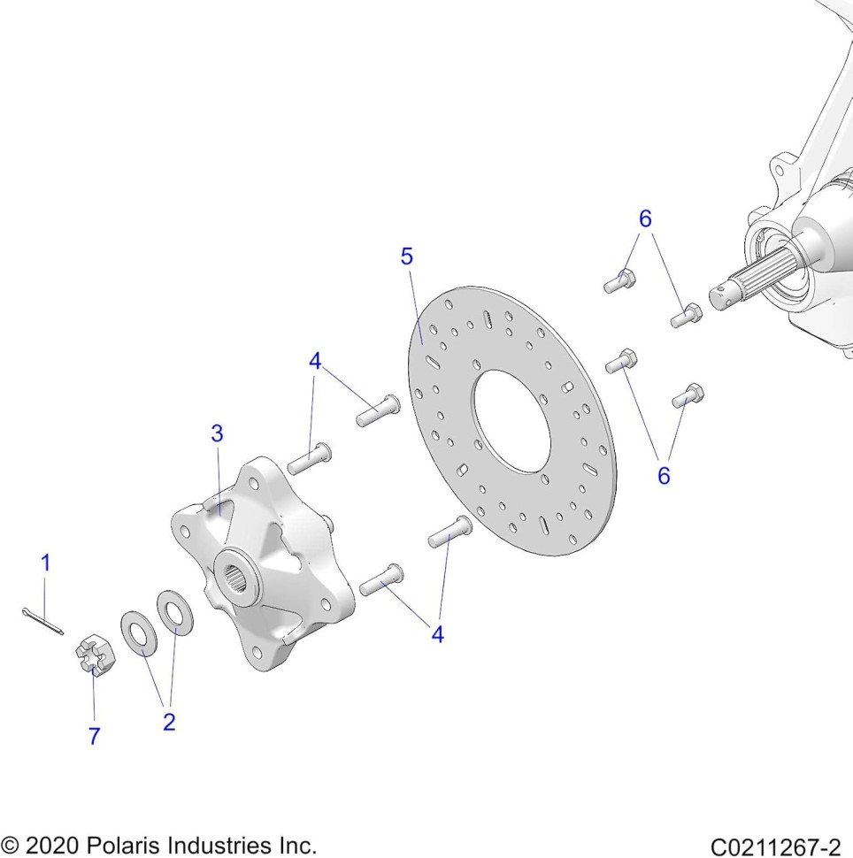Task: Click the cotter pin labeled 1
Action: pos(43,621)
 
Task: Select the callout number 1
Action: pos(46,563)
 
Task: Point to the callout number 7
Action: pos(94,736)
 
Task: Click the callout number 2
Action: pos(169,722)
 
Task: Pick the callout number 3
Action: pos(218,433)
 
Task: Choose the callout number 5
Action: pos(407,257)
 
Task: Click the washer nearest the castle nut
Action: pos(139,633)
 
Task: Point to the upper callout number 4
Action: pos(315,361)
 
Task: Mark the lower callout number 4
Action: pos(437,634)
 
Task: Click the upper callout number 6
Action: pos(645,218)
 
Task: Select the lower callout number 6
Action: pos(664,476)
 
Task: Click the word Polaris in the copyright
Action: pos(123,845)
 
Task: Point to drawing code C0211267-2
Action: pos(776,847)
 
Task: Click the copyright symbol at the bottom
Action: pos(10,846)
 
